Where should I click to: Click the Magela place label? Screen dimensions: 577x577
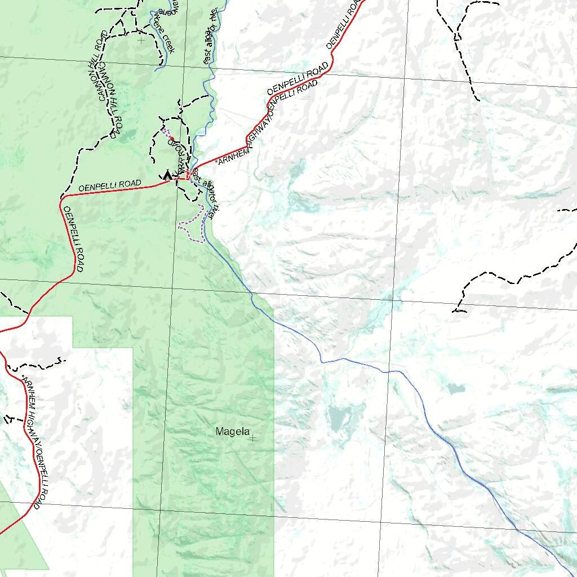point(232,432)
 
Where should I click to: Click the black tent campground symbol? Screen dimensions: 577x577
point(167,175)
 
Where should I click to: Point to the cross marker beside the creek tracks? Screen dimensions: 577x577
point(141,40)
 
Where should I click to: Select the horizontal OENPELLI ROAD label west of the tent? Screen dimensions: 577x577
point(110,185)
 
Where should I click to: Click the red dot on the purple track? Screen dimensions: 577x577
point(171,138)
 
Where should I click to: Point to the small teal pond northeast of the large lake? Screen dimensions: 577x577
point(456,388)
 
